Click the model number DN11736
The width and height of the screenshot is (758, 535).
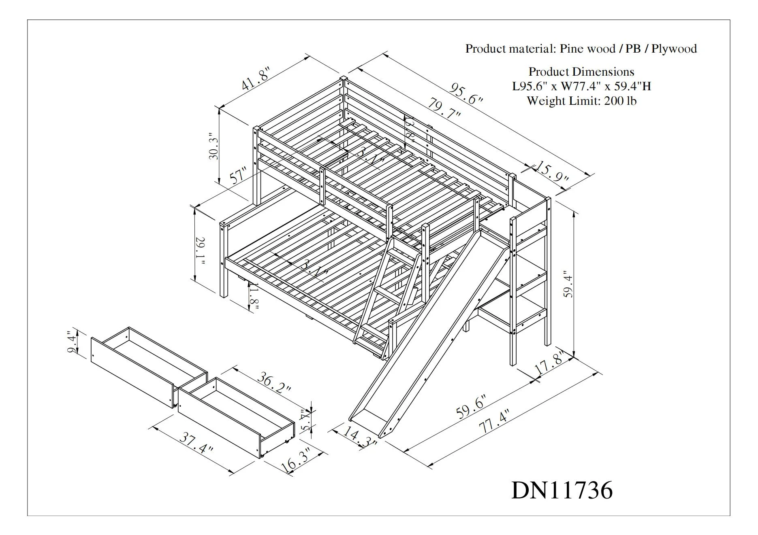pyautogui.click(x=562, y=490)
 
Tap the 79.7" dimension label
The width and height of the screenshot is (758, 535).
pyautogui.click(x=444, y=108)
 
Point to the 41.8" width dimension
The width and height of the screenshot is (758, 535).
pyautogui.click(x=255, y=79)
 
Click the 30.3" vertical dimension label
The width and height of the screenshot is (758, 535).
pyautogui.click(x=214, y=146)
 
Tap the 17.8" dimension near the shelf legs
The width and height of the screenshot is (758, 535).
pyautogui.click(x=549, y=364)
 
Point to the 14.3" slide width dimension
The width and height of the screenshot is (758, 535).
pyautogui.click(x=359, y=437)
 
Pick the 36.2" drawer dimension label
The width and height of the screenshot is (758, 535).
pyautogui.click(x=274, y=383)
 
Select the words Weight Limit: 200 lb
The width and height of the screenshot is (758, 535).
pyautogui.click(x=581, y=101)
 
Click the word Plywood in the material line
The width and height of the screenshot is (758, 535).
pyautogui.click(x=674, y=49)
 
